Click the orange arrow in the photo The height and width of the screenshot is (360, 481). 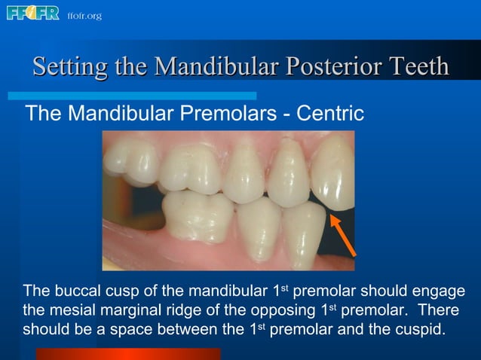pyautogui.click(x=343, y=234)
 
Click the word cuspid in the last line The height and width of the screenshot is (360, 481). pyautogui.click(x=422, y=330)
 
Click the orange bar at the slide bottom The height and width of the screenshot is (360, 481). pyautogui.click(x=128, y=353)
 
